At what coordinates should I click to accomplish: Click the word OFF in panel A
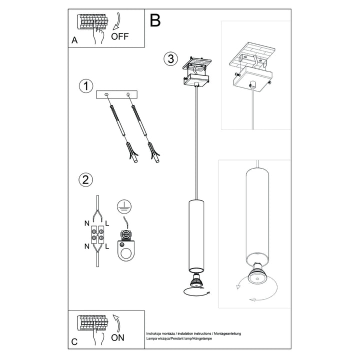pyautogui.click(x=120, y=36)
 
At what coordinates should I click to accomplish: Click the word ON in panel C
pyautogui.click(x=117, y=337)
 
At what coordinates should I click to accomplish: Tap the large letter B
pyautogui.click(x=155, y=20)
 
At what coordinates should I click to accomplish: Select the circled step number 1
pyautogui.click(x=86, y=86)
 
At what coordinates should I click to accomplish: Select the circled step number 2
pyautogui.click(x=85, y=179)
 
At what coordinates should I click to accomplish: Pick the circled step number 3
pyautogui.click(x=170, y=58)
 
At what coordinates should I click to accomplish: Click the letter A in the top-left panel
pyautogui.click(x=74, y=40)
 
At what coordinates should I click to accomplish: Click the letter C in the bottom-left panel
pyautogui.click(x=74, y=342)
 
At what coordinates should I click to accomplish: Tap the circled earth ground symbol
pyautogui.click(x=124, y=205)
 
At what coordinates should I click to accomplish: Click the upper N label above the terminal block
pyautogui.click(x=87, y=223)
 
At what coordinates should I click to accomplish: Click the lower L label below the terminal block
pyautogui.click(x=107, y=246)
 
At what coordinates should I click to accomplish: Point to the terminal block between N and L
pyautogui.click(x=97, y=234)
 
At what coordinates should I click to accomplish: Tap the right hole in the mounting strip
pyautogui.click(x=127, y=94)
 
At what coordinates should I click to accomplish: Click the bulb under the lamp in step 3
pyautogui.click(x=195, y=281)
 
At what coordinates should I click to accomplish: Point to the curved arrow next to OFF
pyautogui.click(x=117, y=21)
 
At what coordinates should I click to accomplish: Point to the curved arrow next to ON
pyautogui.click(x=117, y=323)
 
